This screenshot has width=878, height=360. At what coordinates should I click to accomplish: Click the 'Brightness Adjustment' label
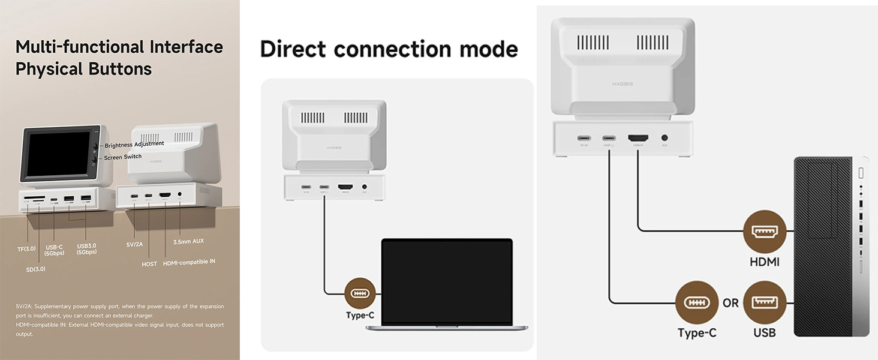tap(134, 145)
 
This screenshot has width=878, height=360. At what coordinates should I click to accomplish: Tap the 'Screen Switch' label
tap(123, 157)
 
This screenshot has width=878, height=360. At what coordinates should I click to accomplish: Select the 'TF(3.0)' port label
tap(26, 248)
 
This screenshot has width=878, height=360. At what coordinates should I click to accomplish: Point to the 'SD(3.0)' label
tap(35, 269)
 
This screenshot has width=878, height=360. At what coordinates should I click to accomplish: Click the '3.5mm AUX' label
tap(188, 241)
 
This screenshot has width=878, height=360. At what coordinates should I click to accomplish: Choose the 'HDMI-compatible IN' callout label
tap(189, 262)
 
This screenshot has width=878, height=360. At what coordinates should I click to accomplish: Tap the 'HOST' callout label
tap(149, 264)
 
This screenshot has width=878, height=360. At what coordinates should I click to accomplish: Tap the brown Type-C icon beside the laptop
tap(360, 293)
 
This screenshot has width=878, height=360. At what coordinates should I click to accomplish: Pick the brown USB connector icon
tap(764, 302)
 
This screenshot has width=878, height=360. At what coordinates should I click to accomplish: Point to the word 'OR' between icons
tap(730, 303)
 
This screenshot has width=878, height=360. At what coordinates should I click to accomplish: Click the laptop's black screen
tap(447, 282)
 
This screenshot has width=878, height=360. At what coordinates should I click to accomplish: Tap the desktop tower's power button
tap(861, 173)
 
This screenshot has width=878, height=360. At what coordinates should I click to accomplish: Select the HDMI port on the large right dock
tap(637, 138)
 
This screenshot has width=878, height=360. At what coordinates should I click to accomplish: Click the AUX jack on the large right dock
tap(664, 138)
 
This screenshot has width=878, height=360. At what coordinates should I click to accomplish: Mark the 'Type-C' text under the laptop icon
tap(360, 315)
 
